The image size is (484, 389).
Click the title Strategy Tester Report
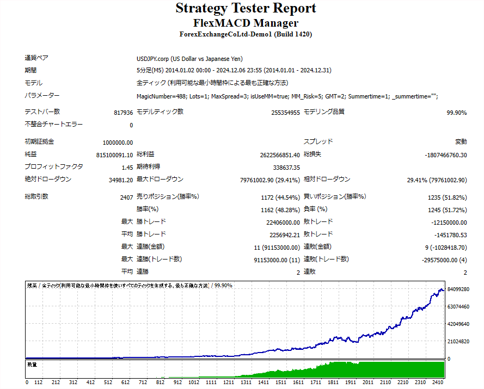point(246,9)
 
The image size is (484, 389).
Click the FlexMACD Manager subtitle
point(246,23)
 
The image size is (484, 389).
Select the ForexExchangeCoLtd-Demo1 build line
point(246,34)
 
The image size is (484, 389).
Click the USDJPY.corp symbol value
point(189,59)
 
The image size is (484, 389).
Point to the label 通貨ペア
point(37,58)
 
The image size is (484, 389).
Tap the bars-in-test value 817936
point(124,112)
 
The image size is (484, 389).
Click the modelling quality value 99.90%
point(456,113)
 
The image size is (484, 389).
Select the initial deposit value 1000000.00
point(118,142)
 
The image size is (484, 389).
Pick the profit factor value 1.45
point(127,167)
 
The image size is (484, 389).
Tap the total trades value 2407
point(126,197)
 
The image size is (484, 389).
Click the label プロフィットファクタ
point(54,166)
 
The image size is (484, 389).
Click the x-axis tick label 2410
point(438,382)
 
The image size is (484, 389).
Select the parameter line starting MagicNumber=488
point(287,96)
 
